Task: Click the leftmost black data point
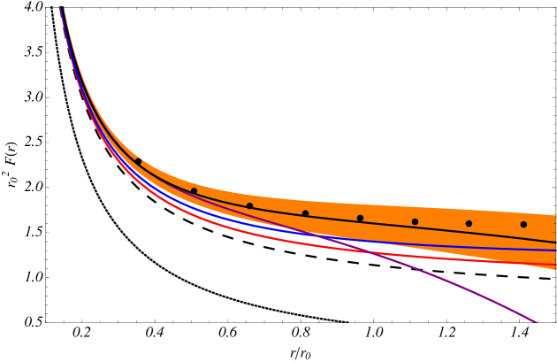138,161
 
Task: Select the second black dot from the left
194,191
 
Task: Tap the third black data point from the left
249,206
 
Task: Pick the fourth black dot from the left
305,213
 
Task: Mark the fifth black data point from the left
360,218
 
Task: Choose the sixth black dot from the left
415,221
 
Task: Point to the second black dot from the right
469,223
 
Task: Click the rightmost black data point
523,224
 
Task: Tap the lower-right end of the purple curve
536,321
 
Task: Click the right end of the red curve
554,265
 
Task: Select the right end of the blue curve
554,250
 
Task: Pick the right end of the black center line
554,242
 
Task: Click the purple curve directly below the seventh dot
469,289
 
